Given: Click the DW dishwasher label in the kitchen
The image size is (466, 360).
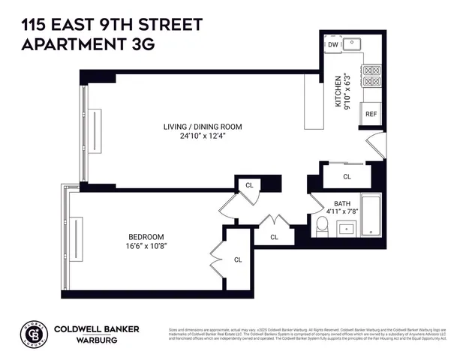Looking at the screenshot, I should coord(333,45).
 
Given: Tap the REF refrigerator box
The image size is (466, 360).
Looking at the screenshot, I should coord(371,114).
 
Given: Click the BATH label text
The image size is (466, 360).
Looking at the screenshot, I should coord(342,203).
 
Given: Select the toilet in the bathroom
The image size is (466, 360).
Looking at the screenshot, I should coord(322,226).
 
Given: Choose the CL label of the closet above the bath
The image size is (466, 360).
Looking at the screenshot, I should coord(347,177).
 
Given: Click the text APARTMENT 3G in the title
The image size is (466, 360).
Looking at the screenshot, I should coord(88,44).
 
